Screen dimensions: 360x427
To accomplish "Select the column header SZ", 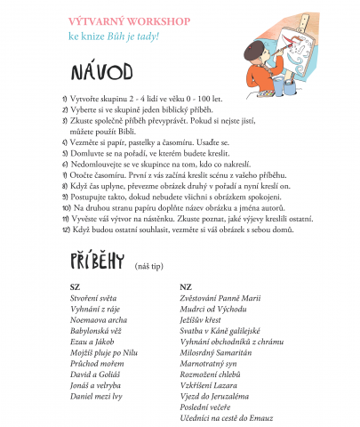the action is pyautogui.click(x=74, y=286).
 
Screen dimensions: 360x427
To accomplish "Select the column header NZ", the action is pyautogui.click(x=185, y=286).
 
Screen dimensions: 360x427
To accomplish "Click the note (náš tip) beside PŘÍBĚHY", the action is pyautogui.click(x=148, y=265).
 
